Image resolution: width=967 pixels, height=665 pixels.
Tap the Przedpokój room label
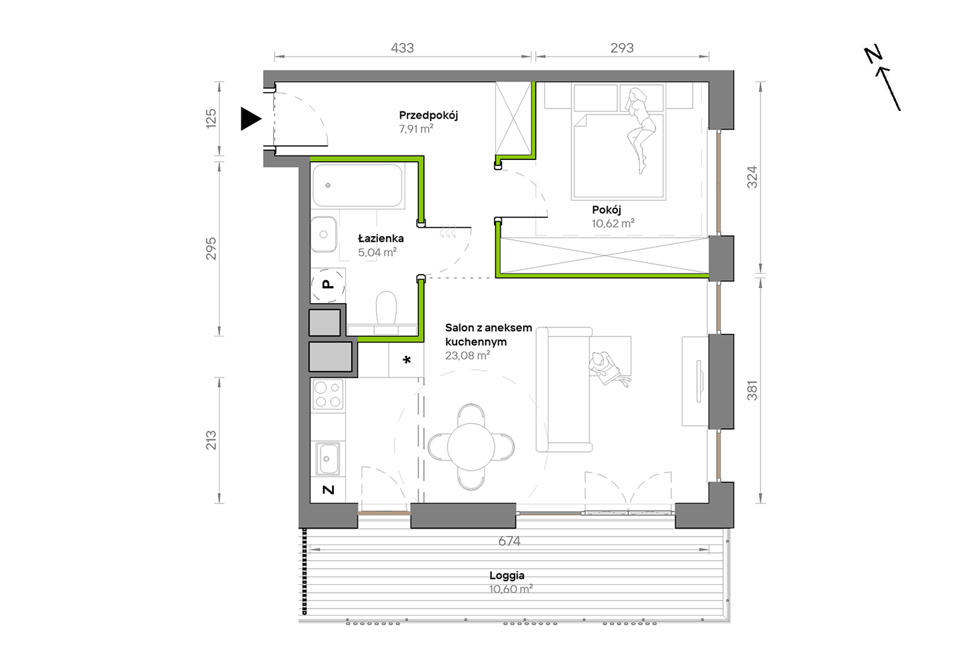pyautogui.click(x=428, y=116)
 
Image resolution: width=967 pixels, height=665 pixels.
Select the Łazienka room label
pyautogui.click(x=381, y=238)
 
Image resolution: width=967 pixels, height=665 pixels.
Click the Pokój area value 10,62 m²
pyautogui.click(x=613, y=223)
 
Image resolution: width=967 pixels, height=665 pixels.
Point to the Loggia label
pyautogui.click(x=506, y=575)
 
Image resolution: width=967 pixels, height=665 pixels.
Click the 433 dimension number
pyautogui.click(x=402, y=48)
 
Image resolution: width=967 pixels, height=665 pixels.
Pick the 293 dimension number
pyautogui.click(x=622, y=48)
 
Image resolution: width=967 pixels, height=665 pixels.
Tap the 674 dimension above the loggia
pyautogui.click(x=509, y=541)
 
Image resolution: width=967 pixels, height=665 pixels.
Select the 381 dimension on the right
pyautogui.click(x=752, y=391)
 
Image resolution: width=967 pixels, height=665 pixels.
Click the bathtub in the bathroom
pyautogui.click(x=357, y=185)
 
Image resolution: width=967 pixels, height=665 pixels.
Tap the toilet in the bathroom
pyautogui.click(x=386, y=309)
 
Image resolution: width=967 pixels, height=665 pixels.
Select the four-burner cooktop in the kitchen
pyautogui.click(x=328, y=395)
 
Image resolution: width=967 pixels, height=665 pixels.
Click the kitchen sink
pyautogui.click(x=327, y=458)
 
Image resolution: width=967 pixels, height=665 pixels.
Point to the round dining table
pyautogui.click(x=471, y=447)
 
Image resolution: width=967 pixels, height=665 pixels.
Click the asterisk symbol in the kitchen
pyautogui.click(x=407, y=360)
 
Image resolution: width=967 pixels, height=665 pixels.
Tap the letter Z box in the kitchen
pyautogui.click(x=328, y=490)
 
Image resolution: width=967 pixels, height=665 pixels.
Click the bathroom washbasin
pyautogui.click(x=324, y=235)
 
